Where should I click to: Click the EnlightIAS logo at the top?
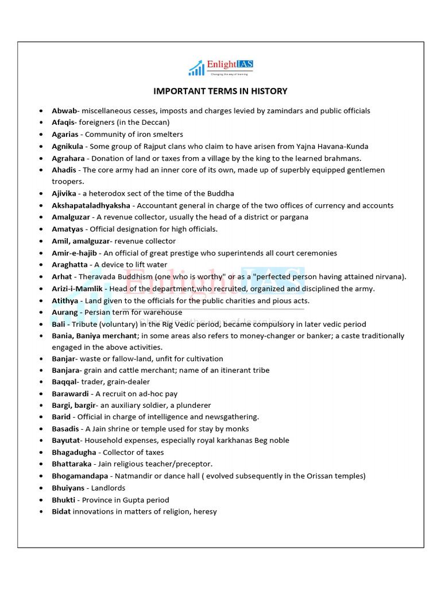[220, 67]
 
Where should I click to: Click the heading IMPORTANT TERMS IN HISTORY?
[220, 91]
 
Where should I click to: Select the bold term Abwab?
[63, 110]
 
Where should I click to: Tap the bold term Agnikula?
[67, 146]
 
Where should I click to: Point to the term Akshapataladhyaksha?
[91, 205]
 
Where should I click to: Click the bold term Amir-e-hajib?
[75, 253]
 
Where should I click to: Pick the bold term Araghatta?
[69, 265]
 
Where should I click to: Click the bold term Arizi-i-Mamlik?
[77, 289]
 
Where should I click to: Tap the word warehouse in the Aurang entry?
[164, 312]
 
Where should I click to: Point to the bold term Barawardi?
[70, 394]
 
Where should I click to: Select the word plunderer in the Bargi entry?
[192, 406]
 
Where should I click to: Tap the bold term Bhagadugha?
[73, 453]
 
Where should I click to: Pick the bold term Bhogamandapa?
[80, 476]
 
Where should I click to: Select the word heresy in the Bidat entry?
[205, 511]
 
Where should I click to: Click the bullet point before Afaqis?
[41, 123]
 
